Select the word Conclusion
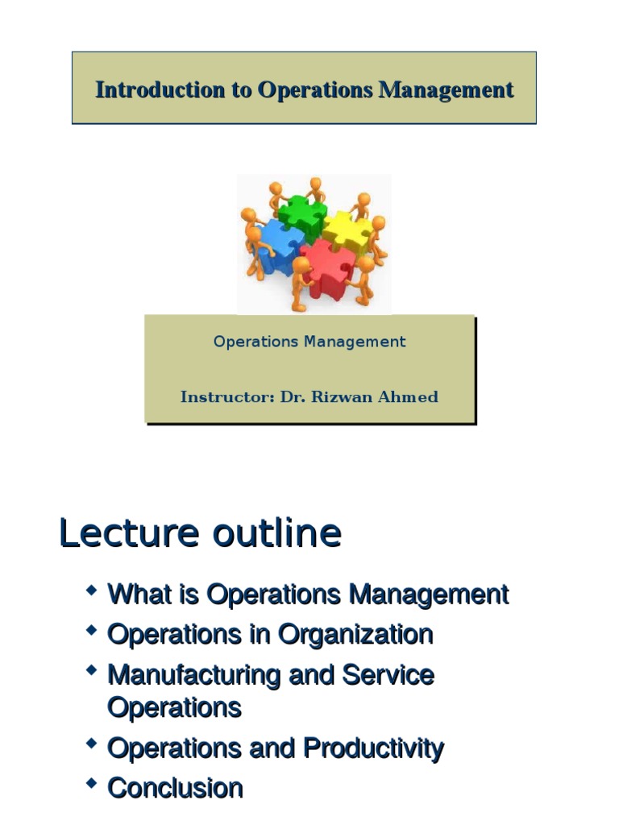175,787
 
